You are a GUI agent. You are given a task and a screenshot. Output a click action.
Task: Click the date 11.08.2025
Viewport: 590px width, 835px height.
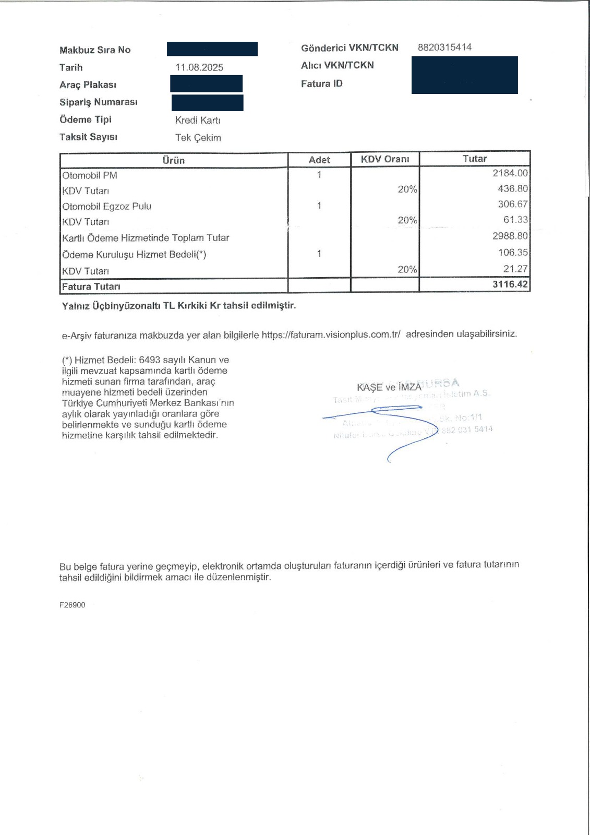pos(199,67)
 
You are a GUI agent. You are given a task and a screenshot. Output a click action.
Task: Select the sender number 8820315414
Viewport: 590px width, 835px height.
pos(444,47)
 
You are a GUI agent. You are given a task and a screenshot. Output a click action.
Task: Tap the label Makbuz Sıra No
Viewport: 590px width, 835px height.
pos(95,50)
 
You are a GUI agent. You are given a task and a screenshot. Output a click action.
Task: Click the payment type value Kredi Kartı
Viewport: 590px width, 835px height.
pos(198,121)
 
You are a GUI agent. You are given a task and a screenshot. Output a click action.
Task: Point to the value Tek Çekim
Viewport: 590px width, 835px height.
pos(198,138)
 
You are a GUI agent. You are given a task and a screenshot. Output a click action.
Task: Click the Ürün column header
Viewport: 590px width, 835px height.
pos(174,160)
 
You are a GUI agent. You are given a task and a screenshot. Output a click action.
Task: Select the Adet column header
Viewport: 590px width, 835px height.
pos(319,160)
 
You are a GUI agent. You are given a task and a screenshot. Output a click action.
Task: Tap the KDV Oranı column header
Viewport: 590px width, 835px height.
pos(385,159)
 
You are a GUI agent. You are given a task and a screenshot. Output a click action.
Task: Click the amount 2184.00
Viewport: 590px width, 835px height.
pos(510,173)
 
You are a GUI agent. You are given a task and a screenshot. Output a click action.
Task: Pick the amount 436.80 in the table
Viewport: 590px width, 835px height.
pos(512,189)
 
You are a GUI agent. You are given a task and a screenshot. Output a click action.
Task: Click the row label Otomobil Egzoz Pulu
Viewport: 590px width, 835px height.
pos(107,206)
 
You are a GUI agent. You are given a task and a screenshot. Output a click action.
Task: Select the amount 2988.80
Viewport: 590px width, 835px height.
pos(510,236)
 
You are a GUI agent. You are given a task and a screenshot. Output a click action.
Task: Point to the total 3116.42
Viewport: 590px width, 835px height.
pos(510,284)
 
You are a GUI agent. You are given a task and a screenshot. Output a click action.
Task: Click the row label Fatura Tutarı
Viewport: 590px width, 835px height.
pos(91,287)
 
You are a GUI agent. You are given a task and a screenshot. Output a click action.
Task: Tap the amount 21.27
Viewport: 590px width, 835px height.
pos(515,269)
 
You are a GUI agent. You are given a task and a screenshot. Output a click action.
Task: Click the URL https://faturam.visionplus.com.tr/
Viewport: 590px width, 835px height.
pos(331,335)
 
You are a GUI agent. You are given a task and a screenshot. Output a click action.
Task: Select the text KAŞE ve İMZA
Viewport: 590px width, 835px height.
pos(389,387)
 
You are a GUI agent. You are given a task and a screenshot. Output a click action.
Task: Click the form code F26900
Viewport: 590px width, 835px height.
pos(73,605)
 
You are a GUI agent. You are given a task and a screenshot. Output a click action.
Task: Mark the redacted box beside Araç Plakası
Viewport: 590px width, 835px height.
pos(207,84)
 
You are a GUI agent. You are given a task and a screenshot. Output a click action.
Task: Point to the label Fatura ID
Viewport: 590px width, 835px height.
pos(322,83)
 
